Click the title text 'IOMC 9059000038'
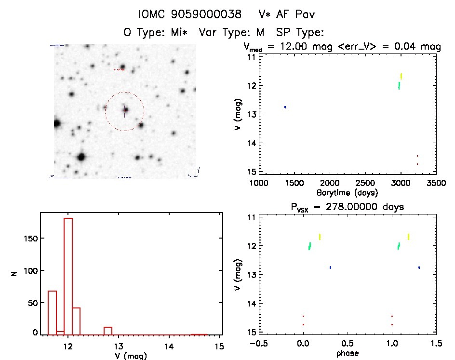(189, 14)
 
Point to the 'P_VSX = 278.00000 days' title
(347, 207)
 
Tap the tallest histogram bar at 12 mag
(68, 275)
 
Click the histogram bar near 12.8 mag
(108, 330)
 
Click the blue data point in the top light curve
(285, 107)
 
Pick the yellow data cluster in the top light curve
(401, 76)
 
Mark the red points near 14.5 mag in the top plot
(417, 160)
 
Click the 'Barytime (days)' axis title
(347, 193)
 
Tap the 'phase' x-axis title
(347, 353)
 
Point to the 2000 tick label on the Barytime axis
(330, 183)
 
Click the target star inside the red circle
(125, 110)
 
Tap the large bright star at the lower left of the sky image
(81, 157)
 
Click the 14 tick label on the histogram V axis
(169, 346)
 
